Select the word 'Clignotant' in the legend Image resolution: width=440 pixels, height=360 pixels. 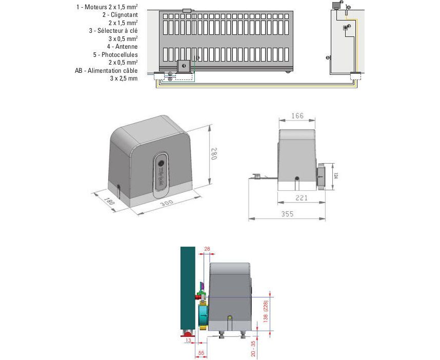click(x=124, y=15)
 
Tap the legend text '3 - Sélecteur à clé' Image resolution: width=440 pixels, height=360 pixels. click(x=113, y=30)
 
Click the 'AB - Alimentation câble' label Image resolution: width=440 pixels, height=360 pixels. click(x=106, y=70)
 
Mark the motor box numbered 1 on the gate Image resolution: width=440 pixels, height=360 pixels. click(x=184, y=66)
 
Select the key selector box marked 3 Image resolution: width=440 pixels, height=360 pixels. click(x=346, y=27)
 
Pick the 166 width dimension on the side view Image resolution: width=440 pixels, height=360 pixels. click(x=297, y=116)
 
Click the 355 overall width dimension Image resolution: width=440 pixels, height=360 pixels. click(x=288, y=214)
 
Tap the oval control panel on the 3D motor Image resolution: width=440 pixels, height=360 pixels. click(x=161, y=174)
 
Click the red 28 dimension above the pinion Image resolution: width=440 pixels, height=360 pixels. click(x=207, y=249)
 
